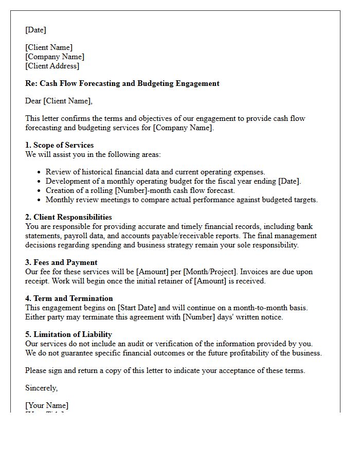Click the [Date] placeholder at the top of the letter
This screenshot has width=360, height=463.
point(35,30)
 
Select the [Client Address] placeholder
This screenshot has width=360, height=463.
point(52,66)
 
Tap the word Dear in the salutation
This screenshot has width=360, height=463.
point(33,101)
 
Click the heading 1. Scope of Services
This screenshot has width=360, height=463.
point(60,145)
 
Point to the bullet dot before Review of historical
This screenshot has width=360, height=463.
point(39,172)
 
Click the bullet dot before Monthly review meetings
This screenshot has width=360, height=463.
point(39,200)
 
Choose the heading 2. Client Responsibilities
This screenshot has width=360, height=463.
point(68,217)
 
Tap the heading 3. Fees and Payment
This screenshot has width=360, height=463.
point(61,262)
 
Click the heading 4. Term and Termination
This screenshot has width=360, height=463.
point(69,298)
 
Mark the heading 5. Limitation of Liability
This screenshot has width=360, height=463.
point(68,334)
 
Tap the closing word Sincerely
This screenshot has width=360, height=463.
point(42,388)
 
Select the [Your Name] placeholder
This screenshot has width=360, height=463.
point(47,405)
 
